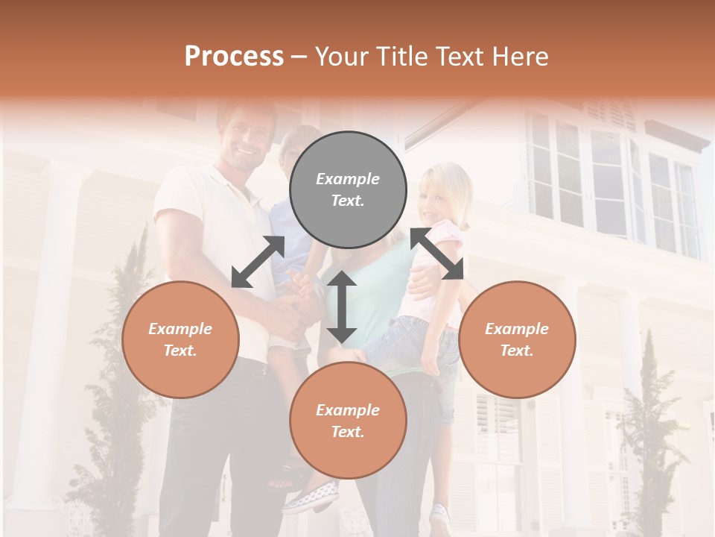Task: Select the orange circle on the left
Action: (x=180, y=339)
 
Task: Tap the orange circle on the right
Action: (x=517, y=339)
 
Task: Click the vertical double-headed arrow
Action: (x=342, y=306)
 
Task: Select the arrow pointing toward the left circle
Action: (x=258, y=262)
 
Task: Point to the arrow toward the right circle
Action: (x=437, y=254)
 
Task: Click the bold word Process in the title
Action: (x=234, y=57)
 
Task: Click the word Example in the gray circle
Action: (x=348, y=179)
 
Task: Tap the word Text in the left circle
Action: (x=180, y=351)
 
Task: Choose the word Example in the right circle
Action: (x=517, y=329)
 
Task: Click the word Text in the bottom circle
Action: (x=348, y=432)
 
